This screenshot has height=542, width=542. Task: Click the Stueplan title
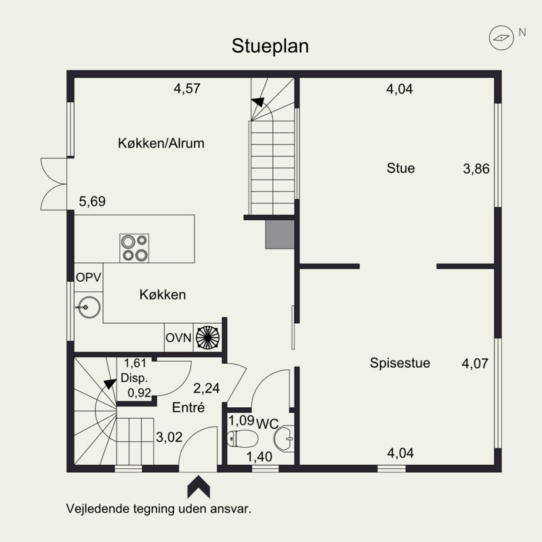[270, 46]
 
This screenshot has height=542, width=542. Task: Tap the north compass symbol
[501, 38]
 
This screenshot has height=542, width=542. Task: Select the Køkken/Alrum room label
[161, 143]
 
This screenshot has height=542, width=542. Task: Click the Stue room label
[400, 168]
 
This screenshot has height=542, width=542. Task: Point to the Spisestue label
[400, 363]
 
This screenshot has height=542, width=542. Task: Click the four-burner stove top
[134, 248]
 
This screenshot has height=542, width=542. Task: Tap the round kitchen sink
[89, 307]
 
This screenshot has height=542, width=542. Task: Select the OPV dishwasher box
[89, 277]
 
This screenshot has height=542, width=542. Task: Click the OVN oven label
[178, 337]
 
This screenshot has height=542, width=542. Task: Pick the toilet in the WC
[243, 438]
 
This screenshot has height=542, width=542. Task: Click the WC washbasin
[284, 438]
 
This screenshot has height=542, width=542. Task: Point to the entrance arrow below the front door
[199, 486]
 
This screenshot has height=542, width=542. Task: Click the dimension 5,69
[92, 201]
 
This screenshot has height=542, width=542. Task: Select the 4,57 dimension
[187, 89]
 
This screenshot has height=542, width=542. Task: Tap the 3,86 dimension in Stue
[476, 169]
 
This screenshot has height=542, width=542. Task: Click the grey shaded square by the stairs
[280, 234]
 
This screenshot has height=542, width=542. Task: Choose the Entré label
[188, 408]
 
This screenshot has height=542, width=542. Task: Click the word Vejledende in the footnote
[98, 509]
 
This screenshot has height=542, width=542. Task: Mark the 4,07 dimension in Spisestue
[475, 364]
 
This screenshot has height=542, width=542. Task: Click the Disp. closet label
[134, 378]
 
